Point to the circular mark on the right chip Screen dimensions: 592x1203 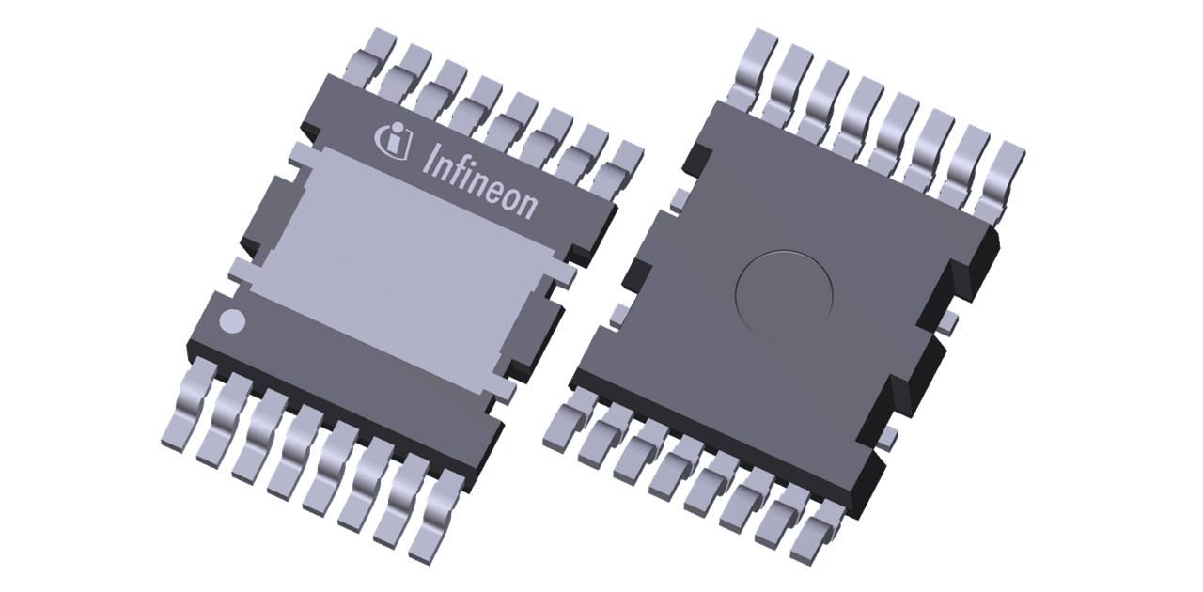click(x=784, y=295)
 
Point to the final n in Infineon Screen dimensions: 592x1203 click(x=528, y=204)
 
